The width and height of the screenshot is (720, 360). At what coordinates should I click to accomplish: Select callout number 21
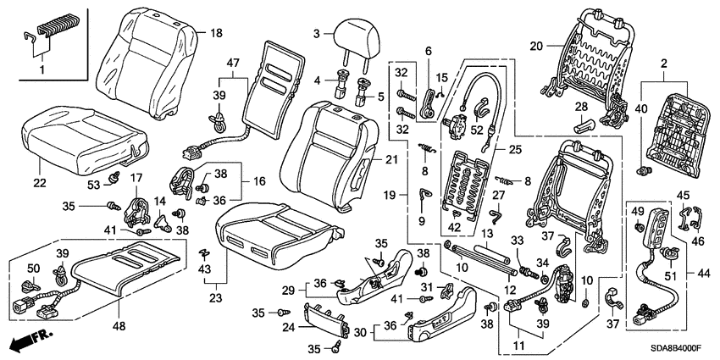click(x=390, y=159)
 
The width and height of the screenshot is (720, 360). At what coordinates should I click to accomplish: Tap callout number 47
click(x=233, y=62)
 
